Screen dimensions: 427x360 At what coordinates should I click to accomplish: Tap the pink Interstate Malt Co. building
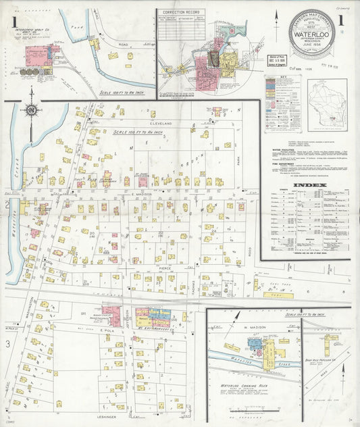pyautogui.click(x=35, y=54)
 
